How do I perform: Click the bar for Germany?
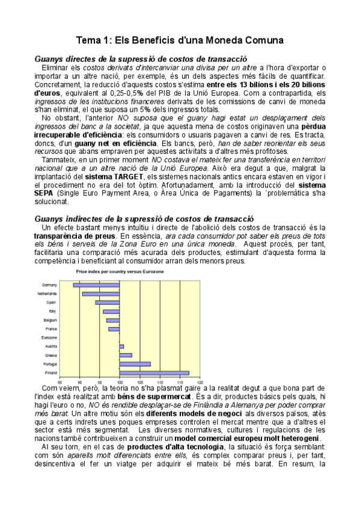point(96,284)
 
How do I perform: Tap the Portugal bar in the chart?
point(135,364)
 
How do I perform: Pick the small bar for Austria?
point(121,346)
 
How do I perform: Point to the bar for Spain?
point(108,302)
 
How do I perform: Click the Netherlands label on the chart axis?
point(49,293)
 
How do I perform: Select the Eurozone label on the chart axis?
point(50,338)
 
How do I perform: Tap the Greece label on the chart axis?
point(51,355)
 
